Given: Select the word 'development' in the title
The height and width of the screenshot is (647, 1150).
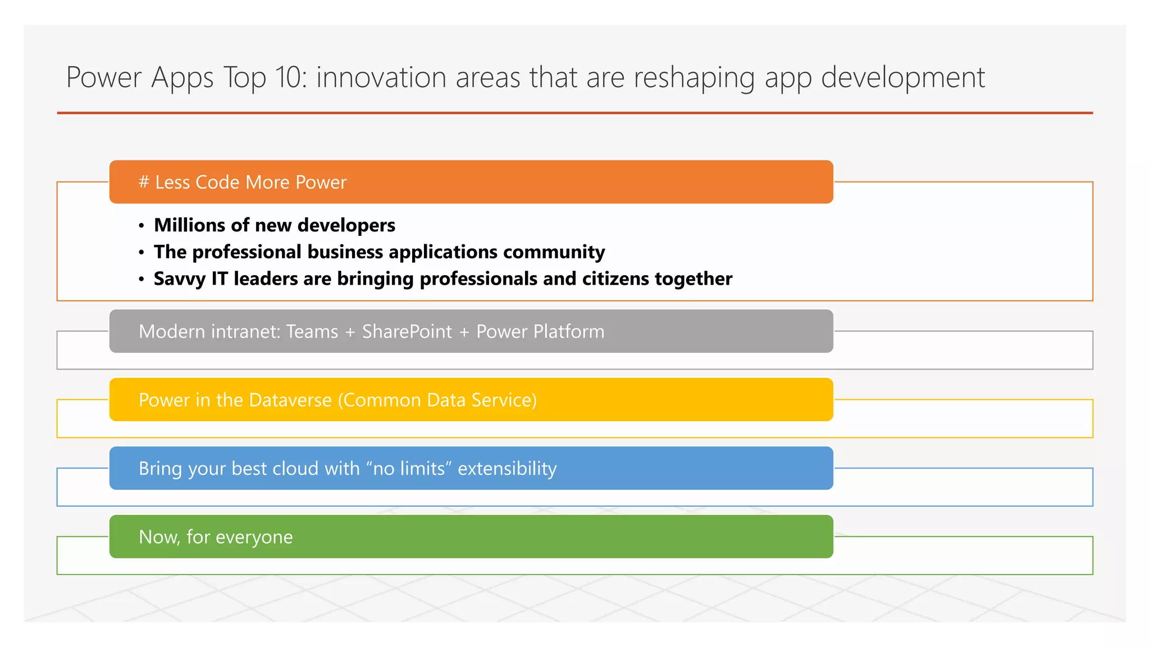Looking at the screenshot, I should [902, 77].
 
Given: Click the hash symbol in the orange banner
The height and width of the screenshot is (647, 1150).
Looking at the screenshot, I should [144, 182].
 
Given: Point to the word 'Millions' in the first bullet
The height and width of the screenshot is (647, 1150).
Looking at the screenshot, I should [190, 225].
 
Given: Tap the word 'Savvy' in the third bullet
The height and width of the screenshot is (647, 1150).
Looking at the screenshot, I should [179, 279].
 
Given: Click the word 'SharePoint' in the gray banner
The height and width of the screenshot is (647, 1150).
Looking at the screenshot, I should [407, 331].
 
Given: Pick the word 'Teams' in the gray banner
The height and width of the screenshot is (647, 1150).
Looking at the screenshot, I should [312, 331].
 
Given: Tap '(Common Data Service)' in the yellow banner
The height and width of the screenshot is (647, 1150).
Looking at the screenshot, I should [437, 400].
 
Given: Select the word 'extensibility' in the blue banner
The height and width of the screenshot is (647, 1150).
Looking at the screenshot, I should [507, 468].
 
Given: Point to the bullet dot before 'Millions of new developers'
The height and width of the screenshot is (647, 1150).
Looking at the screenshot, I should [142, 226].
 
